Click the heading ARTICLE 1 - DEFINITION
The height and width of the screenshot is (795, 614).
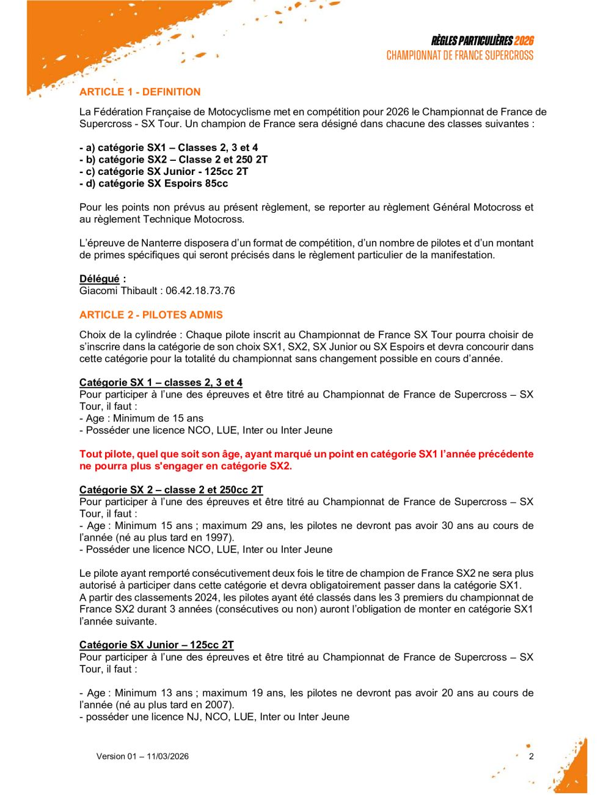pyautogui.click(x=140, y=92)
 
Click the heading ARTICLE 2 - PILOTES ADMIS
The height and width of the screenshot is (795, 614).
pyautogui.click(x=151, y=315)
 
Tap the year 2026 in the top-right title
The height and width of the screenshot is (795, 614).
pyautogui.click(x=524, y=41)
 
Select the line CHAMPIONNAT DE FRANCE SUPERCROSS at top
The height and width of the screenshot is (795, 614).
pyautogui.click(x=459, y=56)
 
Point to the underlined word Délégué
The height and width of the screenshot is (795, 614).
pyautogui.click(x=100, y=279)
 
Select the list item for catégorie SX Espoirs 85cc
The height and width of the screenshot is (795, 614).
pyautogui.click(x=154, y=183)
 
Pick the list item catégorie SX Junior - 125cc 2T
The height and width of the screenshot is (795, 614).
pyautogui.click(x=164, y=171)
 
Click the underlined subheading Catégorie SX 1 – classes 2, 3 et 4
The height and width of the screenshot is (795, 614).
pyautogui.click(x=161, y=382)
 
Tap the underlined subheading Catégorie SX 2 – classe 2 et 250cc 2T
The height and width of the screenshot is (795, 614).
pyautogui.click(x=171, y=490)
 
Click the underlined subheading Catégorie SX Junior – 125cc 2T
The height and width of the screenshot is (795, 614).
pyautogui.click(x=156, y=645)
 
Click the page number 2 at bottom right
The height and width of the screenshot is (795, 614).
pyautogui.click(x=531, y=756)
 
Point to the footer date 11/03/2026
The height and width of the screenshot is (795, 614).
pyautogui.click(x=167, y=756)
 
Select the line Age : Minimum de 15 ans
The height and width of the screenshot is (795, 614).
pyautogui.click(x=141, y=418)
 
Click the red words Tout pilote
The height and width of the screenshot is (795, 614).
pyautogui.click(x=106, y=454)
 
